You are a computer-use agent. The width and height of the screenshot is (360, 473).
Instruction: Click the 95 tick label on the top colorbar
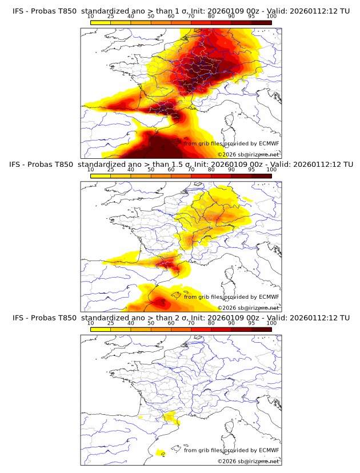pyautogui.click(x=251, y=16)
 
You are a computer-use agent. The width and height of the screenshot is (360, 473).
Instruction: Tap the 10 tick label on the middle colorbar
pyautogui.click(x=91, y=170)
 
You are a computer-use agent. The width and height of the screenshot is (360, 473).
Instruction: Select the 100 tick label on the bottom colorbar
pyautogui.click(x=271, y=323)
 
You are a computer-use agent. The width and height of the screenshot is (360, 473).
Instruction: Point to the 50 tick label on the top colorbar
pyautogui.click(x=151, y=16)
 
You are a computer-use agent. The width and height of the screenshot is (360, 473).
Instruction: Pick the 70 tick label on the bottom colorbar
pyautogui.click(x=191, y=323)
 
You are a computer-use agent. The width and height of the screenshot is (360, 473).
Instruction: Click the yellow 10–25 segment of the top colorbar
pyautogui.click(x=101, y=22)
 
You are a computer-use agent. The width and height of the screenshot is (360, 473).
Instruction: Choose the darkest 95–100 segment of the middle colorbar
pyautogui.click(x=261, y=176)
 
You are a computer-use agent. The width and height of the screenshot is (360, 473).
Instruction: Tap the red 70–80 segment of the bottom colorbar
pyautogui.click(x=201, y=330)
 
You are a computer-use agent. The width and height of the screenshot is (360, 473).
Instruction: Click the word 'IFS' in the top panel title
pyautogui.click(x=19, y=10)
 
